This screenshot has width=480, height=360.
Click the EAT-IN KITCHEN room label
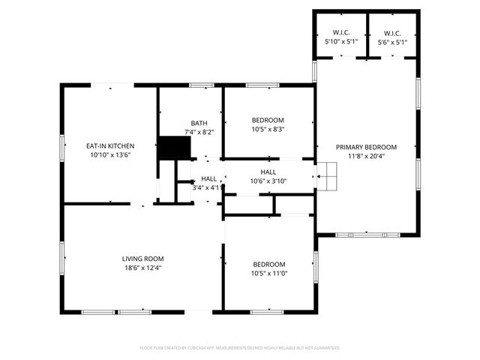(109, 145)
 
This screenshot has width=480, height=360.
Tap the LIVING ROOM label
(142, 259)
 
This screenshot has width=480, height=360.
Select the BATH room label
(199, 123)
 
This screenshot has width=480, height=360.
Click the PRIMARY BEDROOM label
(366, 147)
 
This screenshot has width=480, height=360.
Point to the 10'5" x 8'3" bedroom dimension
(268, 130)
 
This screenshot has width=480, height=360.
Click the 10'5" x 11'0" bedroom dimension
(268, 274)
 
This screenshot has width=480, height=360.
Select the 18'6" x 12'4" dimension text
(142, 268)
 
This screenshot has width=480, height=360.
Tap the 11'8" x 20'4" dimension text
(366, 156)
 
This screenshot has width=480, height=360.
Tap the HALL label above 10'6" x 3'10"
(268, 172)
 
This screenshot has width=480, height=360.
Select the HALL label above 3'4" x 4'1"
(208, 178)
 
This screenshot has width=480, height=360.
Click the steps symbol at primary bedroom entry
(328, 177)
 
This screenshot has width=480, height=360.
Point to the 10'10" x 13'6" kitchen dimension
(109, 154)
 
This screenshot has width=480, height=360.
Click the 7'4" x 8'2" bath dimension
(199, 132)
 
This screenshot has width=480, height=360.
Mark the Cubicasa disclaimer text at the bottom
(240, 348)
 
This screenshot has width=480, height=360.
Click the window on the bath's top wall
(201, 85)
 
